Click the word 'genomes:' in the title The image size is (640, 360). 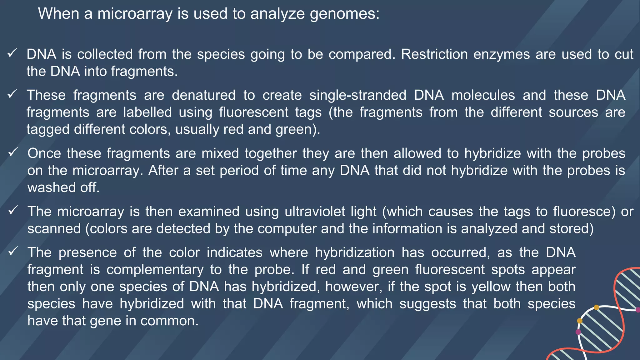(x=345, y=14)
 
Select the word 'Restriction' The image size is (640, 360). (x=434, y=54)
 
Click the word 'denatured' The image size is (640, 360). (x=203, y=95)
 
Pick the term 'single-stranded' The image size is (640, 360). (x=358, y=95)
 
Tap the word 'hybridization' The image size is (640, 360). (x=355, y=252)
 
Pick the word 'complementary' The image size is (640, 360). (x=155, y=270)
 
